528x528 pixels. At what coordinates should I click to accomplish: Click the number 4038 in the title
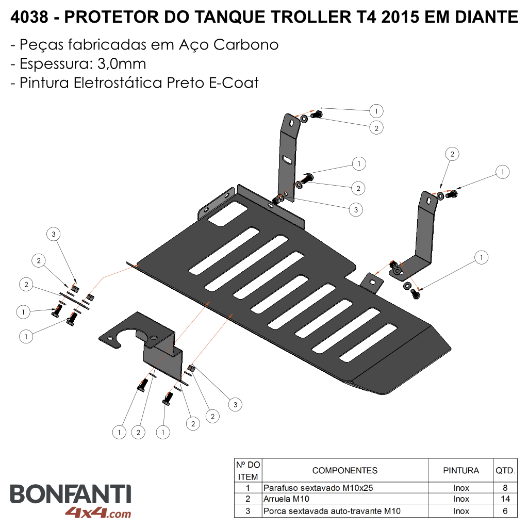click(29, 17)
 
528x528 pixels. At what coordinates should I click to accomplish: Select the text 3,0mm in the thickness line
click(122, 63)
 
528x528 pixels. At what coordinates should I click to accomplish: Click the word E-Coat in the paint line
click(234, 83)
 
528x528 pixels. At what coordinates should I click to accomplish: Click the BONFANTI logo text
click(70, 494)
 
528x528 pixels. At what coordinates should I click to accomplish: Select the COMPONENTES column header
click(345, 470)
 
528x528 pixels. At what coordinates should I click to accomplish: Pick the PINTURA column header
click(461, 470)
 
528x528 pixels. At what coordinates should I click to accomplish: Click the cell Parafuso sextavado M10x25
click(318, 488)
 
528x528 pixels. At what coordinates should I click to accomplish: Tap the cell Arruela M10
click(286, 499)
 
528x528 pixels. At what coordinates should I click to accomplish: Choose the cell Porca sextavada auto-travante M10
click(332, 511)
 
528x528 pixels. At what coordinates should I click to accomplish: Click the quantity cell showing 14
click(505, 499)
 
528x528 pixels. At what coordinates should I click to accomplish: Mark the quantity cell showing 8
click(505, 488)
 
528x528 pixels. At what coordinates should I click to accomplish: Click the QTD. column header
click(505, 470)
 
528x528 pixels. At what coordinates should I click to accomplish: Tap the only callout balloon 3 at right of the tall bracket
click(356, 210)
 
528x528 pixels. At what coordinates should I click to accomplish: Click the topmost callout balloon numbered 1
click(376, 111)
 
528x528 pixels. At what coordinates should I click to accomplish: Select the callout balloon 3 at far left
click(54, 234)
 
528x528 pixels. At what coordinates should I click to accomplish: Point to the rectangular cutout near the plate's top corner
click(227, 213)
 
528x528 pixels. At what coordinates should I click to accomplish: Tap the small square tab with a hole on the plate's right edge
click(372, 283)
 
